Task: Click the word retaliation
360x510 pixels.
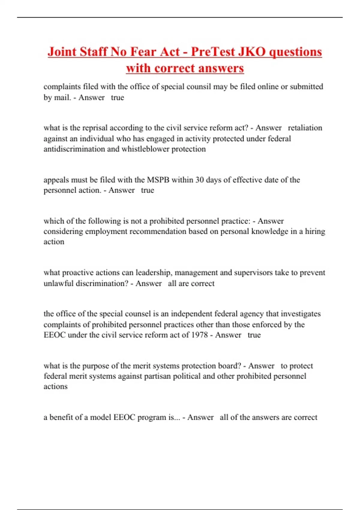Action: [305, 128]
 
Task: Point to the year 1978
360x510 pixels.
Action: [199, 335]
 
